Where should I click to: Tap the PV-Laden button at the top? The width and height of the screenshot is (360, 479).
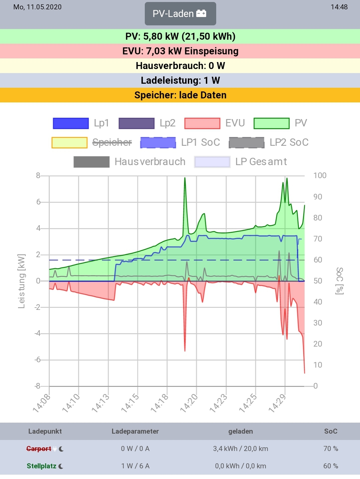(180, 14)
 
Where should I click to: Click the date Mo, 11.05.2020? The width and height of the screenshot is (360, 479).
(37, 7)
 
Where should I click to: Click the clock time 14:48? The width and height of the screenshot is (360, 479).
(339, 7)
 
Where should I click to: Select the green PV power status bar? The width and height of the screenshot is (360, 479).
(180, 36)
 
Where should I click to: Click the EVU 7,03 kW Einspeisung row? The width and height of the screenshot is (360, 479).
(180, 51)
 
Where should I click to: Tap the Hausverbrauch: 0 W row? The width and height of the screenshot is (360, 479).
(180, 66)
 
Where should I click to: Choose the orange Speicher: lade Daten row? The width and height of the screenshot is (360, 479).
(180, 95)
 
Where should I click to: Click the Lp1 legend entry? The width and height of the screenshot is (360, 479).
(81, 123)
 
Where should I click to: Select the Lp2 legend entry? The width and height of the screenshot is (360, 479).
(147, 123)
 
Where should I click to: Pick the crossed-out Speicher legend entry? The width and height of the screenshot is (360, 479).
(92, 142)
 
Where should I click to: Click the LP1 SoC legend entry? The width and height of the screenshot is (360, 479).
(180, 142)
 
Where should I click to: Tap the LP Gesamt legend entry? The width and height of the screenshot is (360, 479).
(241, 162)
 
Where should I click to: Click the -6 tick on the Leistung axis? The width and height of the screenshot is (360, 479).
(38, 360)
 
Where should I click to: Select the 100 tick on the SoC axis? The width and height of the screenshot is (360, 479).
(320, 175)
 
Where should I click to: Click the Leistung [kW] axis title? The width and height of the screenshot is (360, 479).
(21, 281)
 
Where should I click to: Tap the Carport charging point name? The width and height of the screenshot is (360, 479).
(39, 449)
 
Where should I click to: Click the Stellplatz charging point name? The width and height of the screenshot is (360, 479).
(41, 466)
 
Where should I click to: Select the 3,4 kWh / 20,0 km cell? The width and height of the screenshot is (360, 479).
(241, 449)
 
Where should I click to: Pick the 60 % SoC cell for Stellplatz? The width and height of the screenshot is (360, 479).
(331, 466)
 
